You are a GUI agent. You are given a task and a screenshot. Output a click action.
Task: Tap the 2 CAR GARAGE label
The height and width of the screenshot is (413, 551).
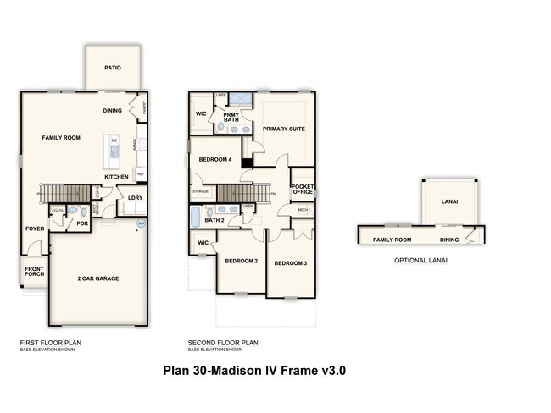click(97, 278)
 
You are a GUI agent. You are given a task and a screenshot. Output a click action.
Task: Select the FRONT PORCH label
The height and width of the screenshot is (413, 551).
click(33, 272)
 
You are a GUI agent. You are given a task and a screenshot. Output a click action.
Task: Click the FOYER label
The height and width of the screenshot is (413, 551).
click(34, 229)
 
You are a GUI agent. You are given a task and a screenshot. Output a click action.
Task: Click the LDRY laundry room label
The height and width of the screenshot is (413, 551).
click(135, 198)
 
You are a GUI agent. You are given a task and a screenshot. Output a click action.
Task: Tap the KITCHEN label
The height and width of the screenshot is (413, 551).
click(116, 177)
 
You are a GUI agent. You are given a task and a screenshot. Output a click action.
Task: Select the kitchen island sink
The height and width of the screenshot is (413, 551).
click(114, 151)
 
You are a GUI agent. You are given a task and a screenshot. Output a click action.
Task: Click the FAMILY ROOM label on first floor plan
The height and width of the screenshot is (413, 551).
click(61, 137)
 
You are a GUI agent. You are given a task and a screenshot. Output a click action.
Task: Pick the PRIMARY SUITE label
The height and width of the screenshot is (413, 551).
click(282, 129)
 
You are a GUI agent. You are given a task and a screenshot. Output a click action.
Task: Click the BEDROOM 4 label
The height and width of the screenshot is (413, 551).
click(215, 160)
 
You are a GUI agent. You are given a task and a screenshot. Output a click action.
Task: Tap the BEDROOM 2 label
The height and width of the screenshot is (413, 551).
click(241, 261)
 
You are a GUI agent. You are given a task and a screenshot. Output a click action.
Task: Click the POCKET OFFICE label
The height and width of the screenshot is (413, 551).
click(302, 189)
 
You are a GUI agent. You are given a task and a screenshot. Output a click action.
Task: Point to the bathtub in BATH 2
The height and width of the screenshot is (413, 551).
click(194, 220)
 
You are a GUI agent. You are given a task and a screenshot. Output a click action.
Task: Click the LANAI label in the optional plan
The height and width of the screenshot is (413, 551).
click(449, 202)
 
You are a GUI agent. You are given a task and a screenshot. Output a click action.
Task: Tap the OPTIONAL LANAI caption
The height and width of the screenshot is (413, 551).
click(420, 260)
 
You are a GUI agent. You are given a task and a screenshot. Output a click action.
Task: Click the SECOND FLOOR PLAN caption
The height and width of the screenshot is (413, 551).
click(223, 343)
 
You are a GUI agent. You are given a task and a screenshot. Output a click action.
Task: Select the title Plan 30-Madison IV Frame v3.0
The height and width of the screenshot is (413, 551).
click(254, 371)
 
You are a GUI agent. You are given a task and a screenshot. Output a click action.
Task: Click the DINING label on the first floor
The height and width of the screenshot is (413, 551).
click(113, 111)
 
